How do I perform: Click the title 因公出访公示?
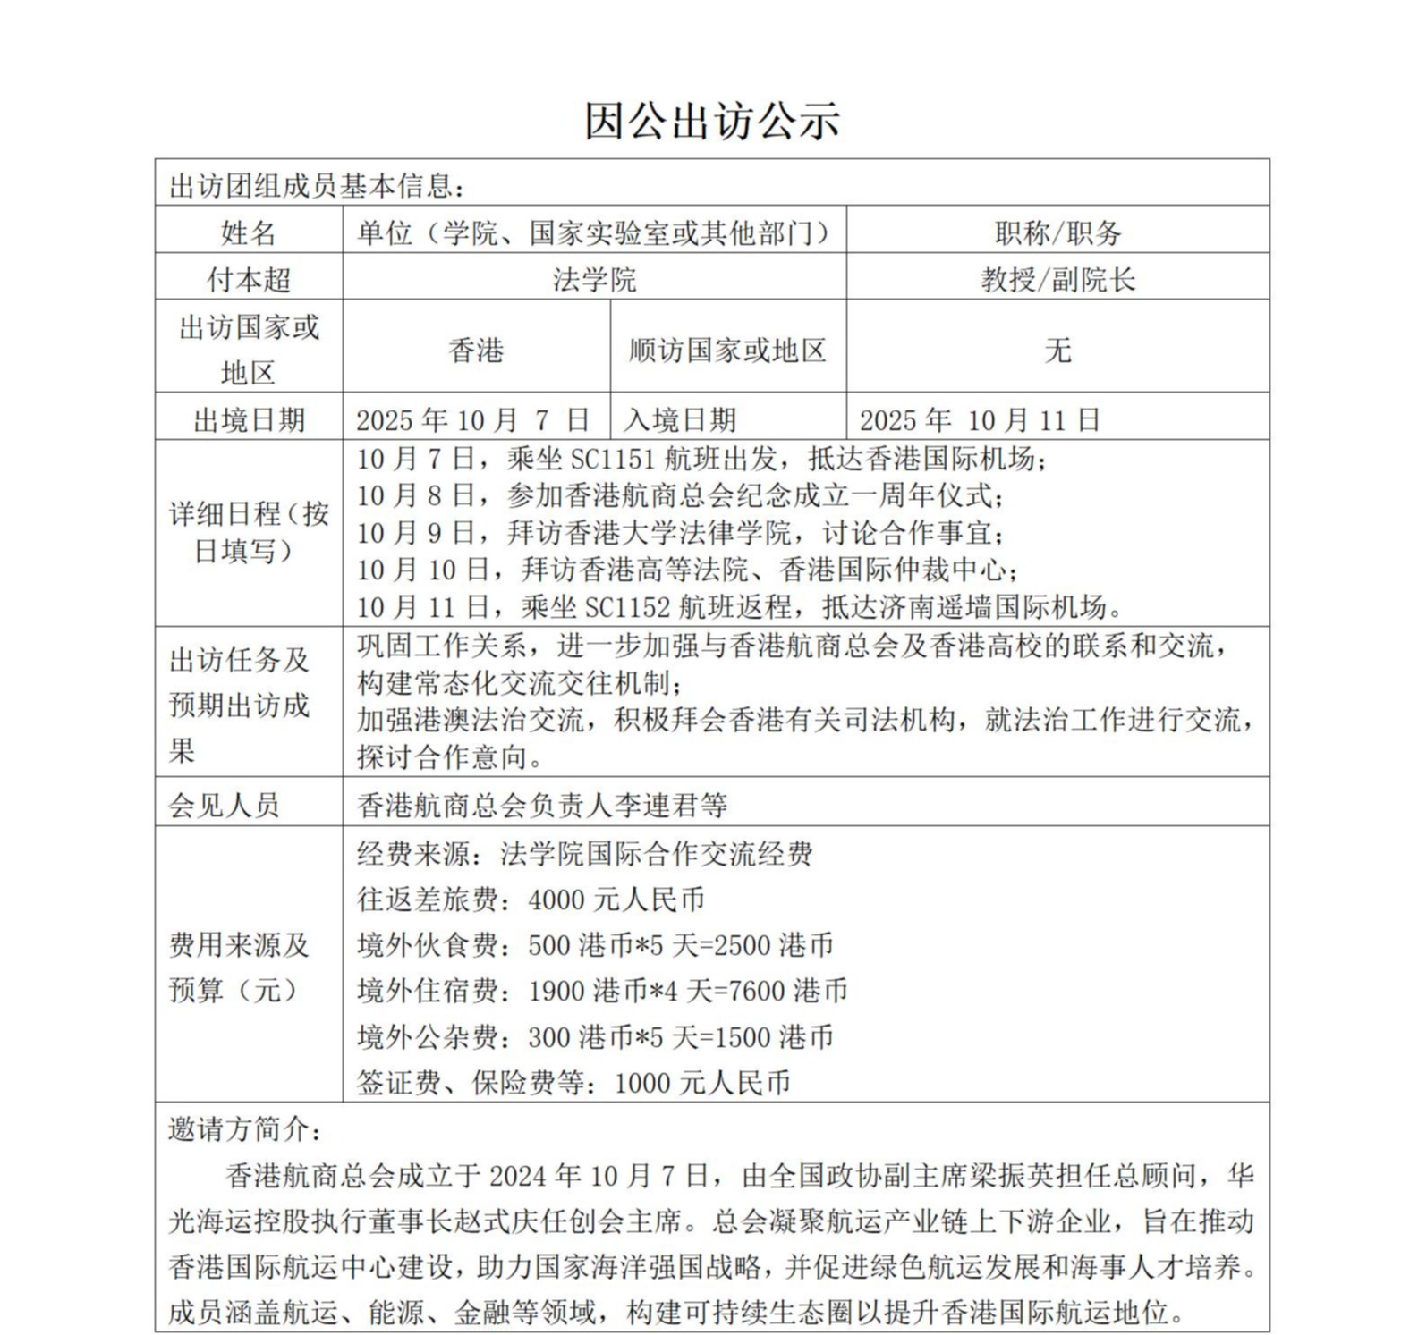[x=712, y=121]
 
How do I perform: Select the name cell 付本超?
[x=249, y=279]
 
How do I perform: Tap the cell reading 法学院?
[x=594, y=279]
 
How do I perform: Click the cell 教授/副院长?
[x=1057, y=279]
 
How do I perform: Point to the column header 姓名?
[x=249, y=232]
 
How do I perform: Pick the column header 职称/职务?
[x=1057, y=232]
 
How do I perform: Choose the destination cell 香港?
[x=476, y=350]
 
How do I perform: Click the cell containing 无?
[x=1057, y=350]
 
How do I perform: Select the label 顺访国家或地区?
[x=727, y=350]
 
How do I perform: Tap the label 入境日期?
[x=680, y=419]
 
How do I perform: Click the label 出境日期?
[x=249, y=419]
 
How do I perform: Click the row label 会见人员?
[x=224, y=805]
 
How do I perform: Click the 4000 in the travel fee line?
[x=556, y=899]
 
